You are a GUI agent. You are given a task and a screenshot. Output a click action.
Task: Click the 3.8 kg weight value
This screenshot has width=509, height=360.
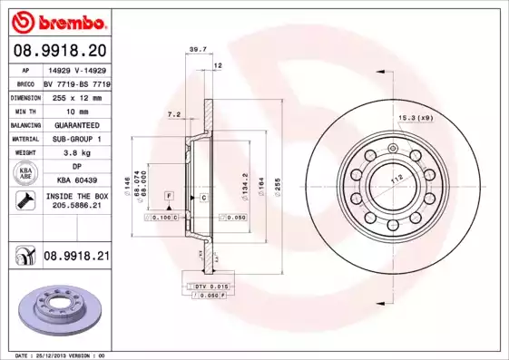click(76, 153)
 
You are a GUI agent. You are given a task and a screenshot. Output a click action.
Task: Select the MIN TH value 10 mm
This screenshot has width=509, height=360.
click(76, 111)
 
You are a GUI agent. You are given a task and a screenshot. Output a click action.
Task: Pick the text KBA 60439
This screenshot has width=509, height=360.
click(76, 180)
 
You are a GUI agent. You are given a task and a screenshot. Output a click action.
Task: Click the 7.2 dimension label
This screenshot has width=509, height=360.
click(175, 115)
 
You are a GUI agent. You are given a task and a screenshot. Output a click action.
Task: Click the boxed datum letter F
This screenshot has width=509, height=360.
click(169, 196)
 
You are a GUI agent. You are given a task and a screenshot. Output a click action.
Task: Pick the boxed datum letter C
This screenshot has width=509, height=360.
click(204, 197)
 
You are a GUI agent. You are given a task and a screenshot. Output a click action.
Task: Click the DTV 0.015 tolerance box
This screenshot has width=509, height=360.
click(210, 287)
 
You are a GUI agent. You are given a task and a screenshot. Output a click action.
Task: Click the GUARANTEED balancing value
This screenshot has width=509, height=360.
click(76, 125)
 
